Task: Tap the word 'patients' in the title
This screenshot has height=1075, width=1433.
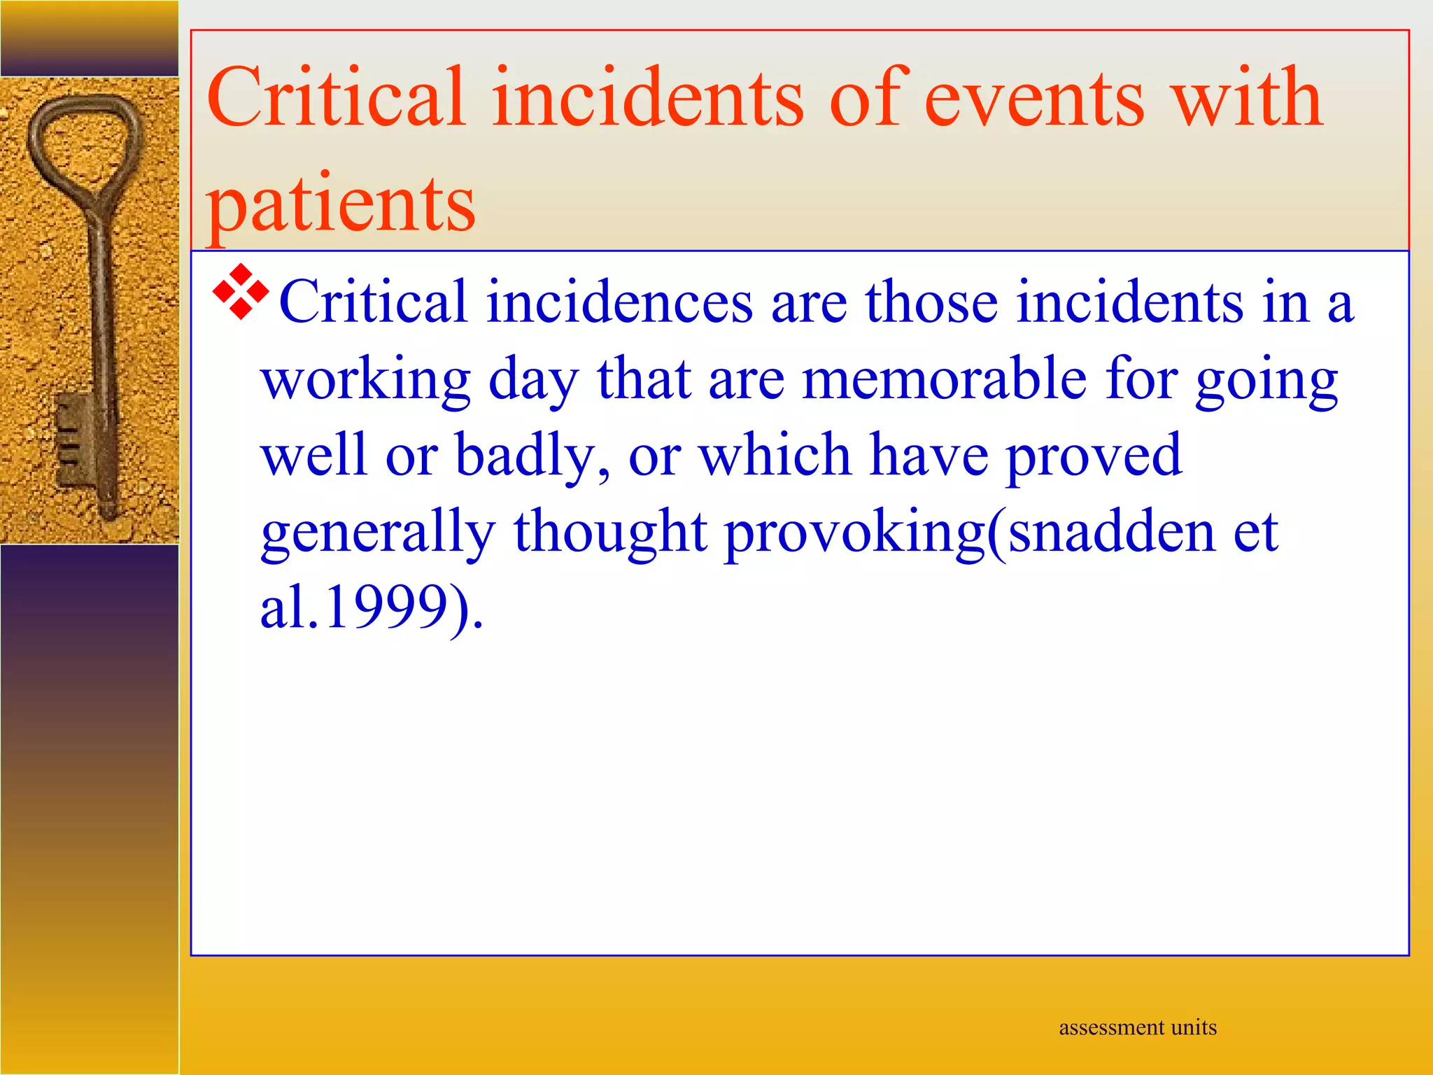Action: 341,204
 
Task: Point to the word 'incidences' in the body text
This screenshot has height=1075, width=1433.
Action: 619,302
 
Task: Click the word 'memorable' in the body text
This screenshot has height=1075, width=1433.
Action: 944,379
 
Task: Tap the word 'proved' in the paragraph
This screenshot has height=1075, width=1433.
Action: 1094,456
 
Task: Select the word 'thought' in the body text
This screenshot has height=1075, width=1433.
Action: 610,532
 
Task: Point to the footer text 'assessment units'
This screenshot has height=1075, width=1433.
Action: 1138,1027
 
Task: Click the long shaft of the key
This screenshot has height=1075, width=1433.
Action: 101,315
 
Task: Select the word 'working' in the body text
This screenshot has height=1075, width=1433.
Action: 366,379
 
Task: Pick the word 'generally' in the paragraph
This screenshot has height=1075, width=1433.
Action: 378,532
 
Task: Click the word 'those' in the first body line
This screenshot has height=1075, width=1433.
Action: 931,302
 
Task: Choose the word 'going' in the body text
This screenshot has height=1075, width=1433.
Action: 1266,379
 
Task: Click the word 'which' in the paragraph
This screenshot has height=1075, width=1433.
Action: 775,456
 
